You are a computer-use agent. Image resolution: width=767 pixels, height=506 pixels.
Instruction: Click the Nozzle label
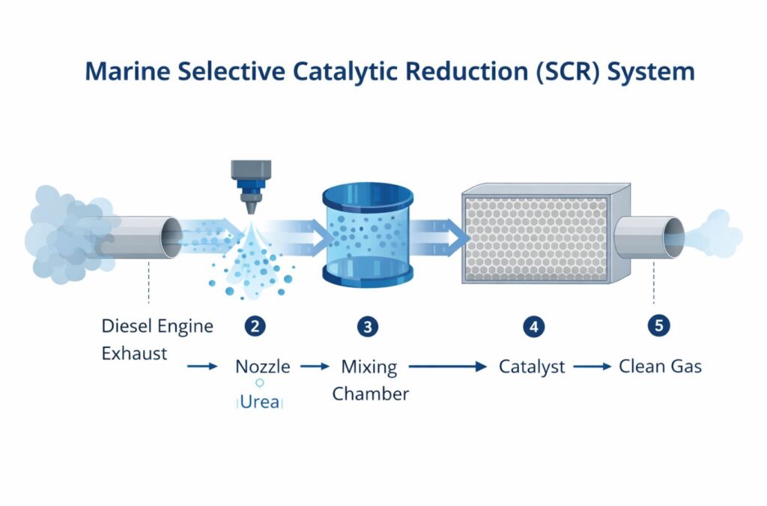click(262, 367)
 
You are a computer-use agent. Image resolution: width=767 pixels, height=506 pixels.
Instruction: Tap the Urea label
click(259, 402)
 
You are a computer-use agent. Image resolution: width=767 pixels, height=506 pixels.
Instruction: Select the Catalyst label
click(533, 367)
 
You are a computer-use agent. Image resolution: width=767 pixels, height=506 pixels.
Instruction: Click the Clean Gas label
click(660, 367)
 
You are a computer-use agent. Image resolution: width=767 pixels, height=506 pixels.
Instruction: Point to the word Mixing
click(369, 367)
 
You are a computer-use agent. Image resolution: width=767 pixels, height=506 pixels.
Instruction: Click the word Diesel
click(128, 326)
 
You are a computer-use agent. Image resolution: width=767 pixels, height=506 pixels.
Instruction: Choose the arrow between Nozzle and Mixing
click(315, 367)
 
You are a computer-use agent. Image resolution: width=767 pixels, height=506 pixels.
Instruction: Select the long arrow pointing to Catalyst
click(447, 367)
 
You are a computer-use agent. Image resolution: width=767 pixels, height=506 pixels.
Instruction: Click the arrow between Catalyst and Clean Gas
click(592, 367)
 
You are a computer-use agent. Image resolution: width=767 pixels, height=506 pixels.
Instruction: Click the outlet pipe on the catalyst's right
click(647, 238)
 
